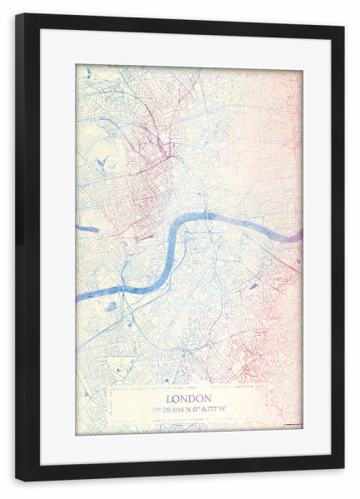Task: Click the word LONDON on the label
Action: pos(189,397)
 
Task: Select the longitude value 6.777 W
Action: pos(209,408)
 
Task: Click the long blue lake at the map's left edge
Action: pos(86,227)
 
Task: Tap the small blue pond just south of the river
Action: pos(111,306)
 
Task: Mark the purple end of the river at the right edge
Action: pos(293,235)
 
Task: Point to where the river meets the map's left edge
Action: pos(78,297)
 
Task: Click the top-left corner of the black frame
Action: pos(17,14)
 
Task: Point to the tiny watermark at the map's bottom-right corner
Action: pos(292,426)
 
